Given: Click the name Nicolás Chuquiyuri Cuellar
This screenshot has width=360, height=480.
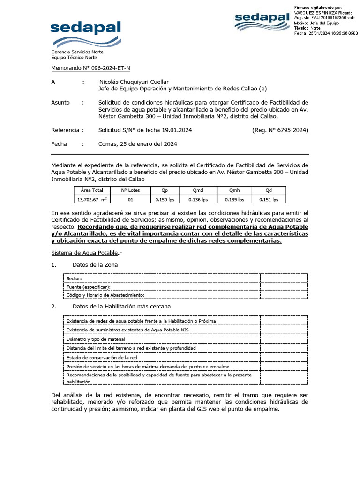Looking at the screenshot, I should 134,82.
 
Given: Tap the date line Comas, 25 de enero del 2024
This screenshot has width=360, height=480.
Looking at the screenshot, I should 137,144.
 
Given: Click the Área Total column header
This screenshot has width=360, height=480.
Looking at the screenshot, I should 91,190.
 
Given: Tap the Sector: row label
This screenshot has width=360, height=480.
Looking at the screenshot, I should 74,278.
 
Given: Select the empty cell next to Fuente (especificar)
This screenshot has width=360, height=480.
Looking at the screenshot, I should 284,286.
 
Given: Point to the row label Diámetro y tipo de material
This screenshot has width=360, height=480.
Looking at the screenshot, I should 96,338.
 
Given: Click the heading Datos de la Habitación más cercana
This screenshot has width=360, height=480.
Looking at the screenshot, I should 121,306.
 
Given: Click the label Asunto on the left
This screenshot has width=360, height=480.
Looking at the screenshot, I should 60,102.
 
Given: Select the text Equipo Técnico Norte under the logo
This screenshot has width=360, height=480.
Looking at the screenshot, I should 74,57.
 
